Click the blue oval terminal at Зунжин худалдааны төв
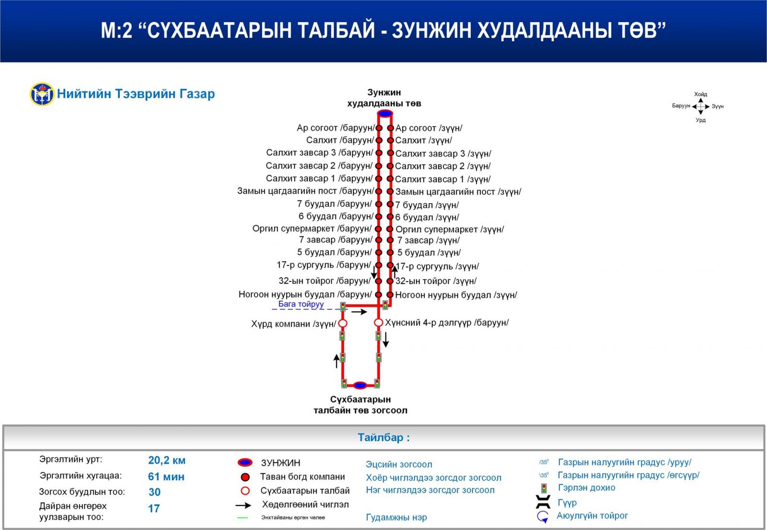point(384,113)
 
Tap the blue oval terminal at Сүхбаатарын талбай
point(360,385)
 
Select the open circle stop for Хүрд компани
point(343,323)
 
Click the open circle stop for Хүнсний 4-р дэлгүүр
point(378,323)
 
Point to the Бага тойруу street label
point(301,304)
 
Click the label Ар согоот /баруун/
point(336,127)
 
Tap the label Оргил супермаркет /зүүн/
point(450,229)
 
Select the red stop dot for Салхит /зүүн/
point(390,140)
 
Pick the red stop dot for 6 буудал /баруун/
point(379,217)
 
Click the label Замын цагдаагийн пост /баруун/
point(305,191)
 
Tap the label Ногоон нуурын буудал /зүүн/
point(456,295)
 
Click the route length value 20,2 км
point(167,460)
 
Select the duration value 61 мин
point(166,476)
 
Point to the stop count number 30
point(154,492)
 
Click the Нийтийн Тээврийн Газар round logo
point(42,94)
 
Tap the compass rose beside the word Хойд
point(700,106)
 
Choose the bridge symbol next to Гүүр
point(543,502)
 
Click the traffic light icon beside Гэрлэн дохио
point(544,488)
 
